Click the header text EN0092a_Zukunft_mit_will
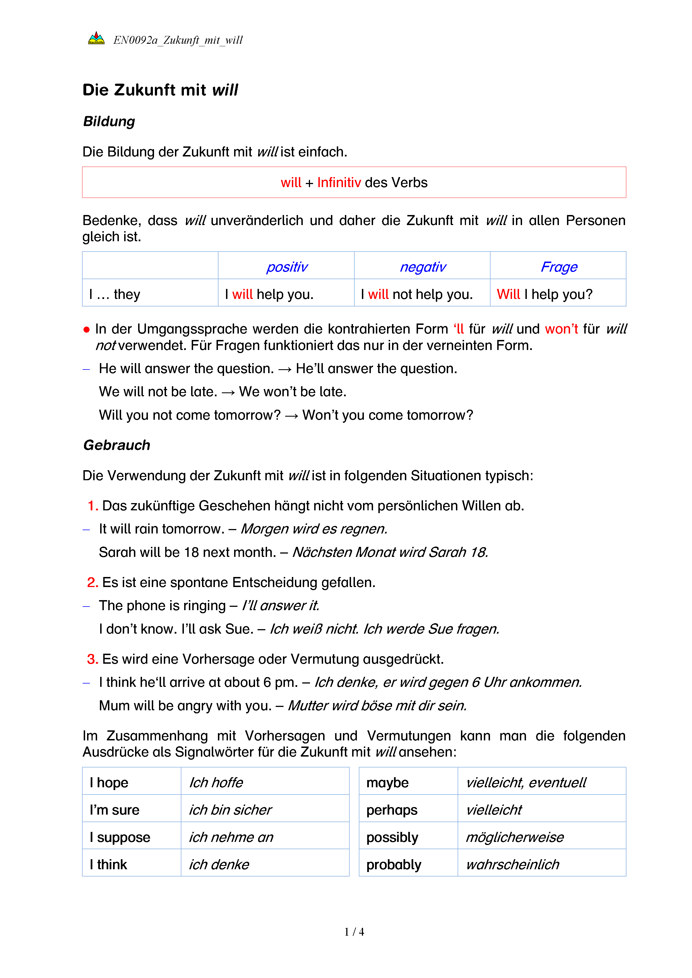point(178,40)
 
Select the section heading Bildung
point(109,121)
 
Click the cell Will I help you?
point(544,294)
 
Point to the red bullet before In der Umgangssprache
point(86,329)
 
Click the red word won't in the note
point(561,329)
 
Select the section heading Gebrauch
point(117,445)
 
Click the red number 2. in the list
point(92,582)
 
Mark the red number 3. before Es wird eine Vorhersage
point(92,659)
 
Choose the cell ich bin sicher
point(230,810)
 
